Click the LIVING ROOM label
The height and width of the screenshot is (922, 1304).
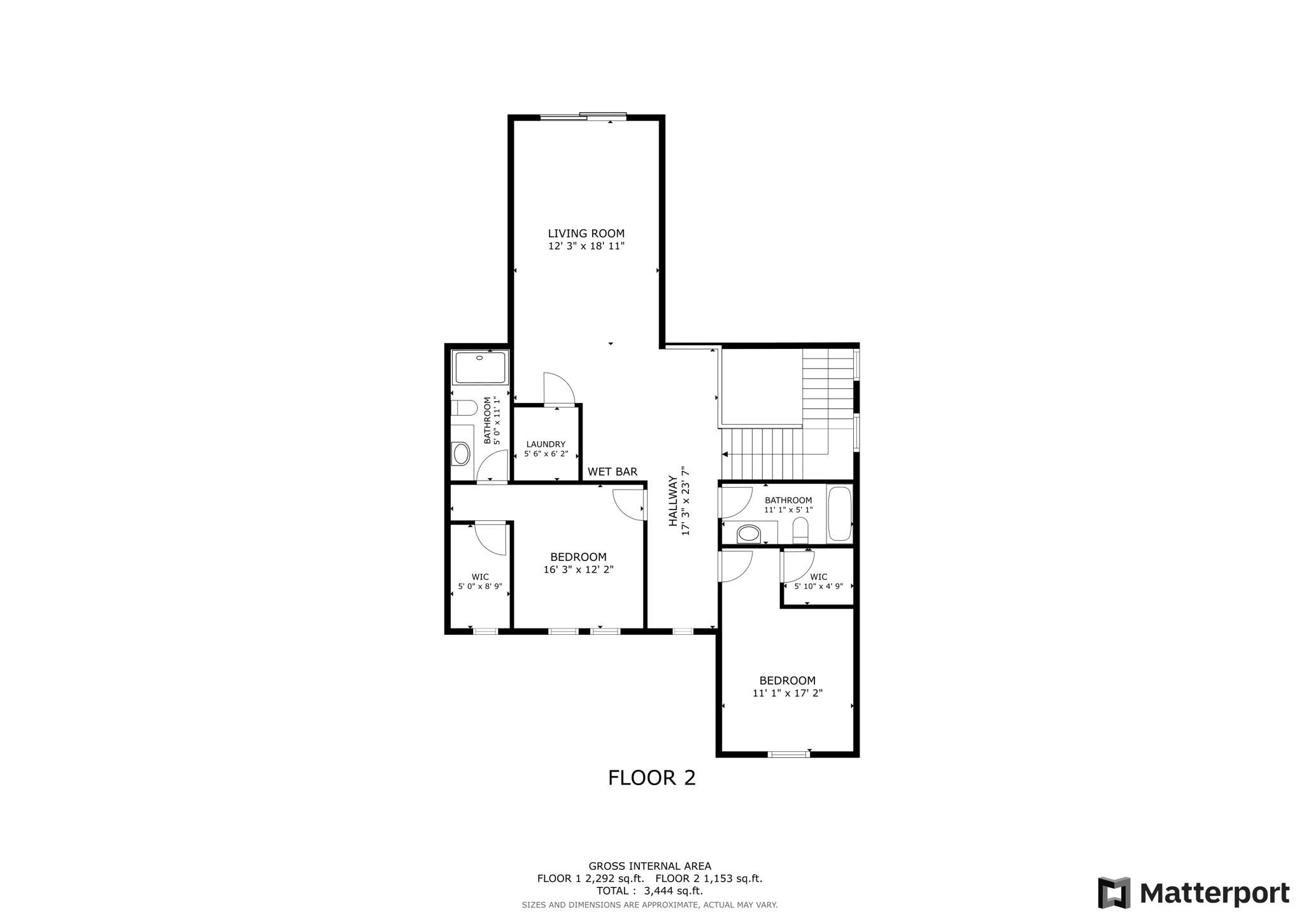[586, 234]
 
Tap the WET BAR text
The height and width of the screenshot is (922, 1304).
[613, 472]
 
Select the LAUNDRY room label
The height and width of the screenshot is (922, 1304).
[546, 444]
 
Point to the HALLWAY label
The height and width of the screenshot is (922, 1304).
[672, 501]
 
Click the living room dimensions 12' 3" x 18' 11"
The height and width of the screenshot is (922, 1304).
[586, 246]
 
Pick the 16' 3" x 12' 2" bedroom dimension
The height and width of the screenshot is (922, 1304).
[578, 570]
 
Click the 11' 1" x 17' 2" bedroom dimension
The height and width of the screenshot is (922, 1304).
[788, 693]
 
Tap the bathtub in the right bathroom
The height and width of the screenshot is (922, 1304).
[839, 514]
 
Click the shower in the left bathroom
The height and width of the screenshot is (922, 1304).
[481, 367]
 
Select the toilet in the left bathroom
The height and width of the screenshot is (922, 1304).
[464, 408]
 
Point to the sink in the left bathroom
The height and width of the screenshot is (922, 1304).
[462, 454]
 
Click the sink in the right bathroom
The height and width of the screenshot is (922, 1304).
[749, 533]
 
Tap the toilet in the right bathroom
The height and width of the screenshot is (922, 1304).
[800, 530]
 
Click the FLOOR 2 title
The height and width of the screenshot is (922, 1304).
[651, 778]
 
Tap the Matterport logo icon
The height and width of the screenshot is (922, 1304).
[1114, 893]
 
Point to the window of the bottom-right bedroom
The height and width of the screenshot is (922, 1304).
[789, 755]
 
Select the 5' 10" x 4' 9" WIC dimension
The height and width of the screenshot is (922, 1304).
[819, 586]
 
